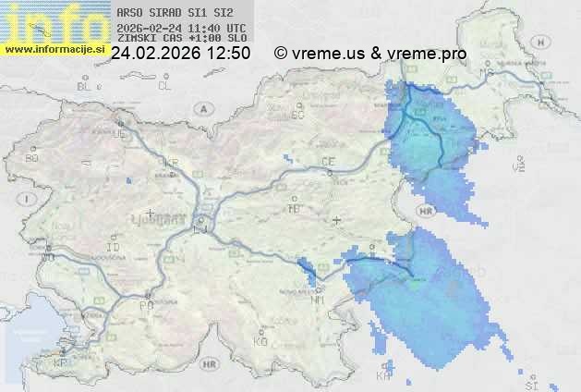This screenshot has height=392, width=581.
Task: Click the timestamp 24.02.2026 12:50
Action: pyautogui.click(x=180, y=54)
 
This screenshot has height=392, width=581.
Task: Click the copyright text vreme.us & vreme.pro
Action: pyautogui.click(x=370, y=54)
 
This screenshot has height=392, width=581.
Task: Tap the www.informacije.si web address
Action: pyautogui.click(x=54, y=47)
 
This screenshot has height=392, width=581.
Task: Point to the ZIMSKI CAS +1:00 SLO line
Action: pyautogui.click(x=182, y=38)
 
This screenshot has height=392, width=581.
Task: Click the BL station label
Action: pyautogui.click(x=84, y=86)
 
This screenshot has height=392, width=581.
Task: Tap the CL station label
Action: pyautogui.click(x=165, y=86)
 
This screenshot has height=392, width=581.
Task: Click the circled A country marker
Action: pyautogui.click(x=202, y=107)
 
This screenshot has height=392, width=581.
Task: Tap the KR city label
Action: pyautogui.click(x=169, y=161)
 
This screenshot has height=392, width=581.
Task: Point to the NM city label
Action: pyautogui.click(x=319, y=300)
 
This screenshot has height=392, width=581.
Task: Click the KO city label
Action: pyautogui.click(x=260, y=341)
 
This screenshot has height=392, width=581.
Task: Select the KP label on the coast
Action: pyautogui.click(x=61, y=363)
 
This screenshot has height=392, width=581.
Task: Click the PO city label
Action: pyautogui.click(x=145, y=305)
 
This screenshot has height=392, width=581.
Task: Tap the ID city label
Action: pyautogui.click(x=114, y=248)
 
